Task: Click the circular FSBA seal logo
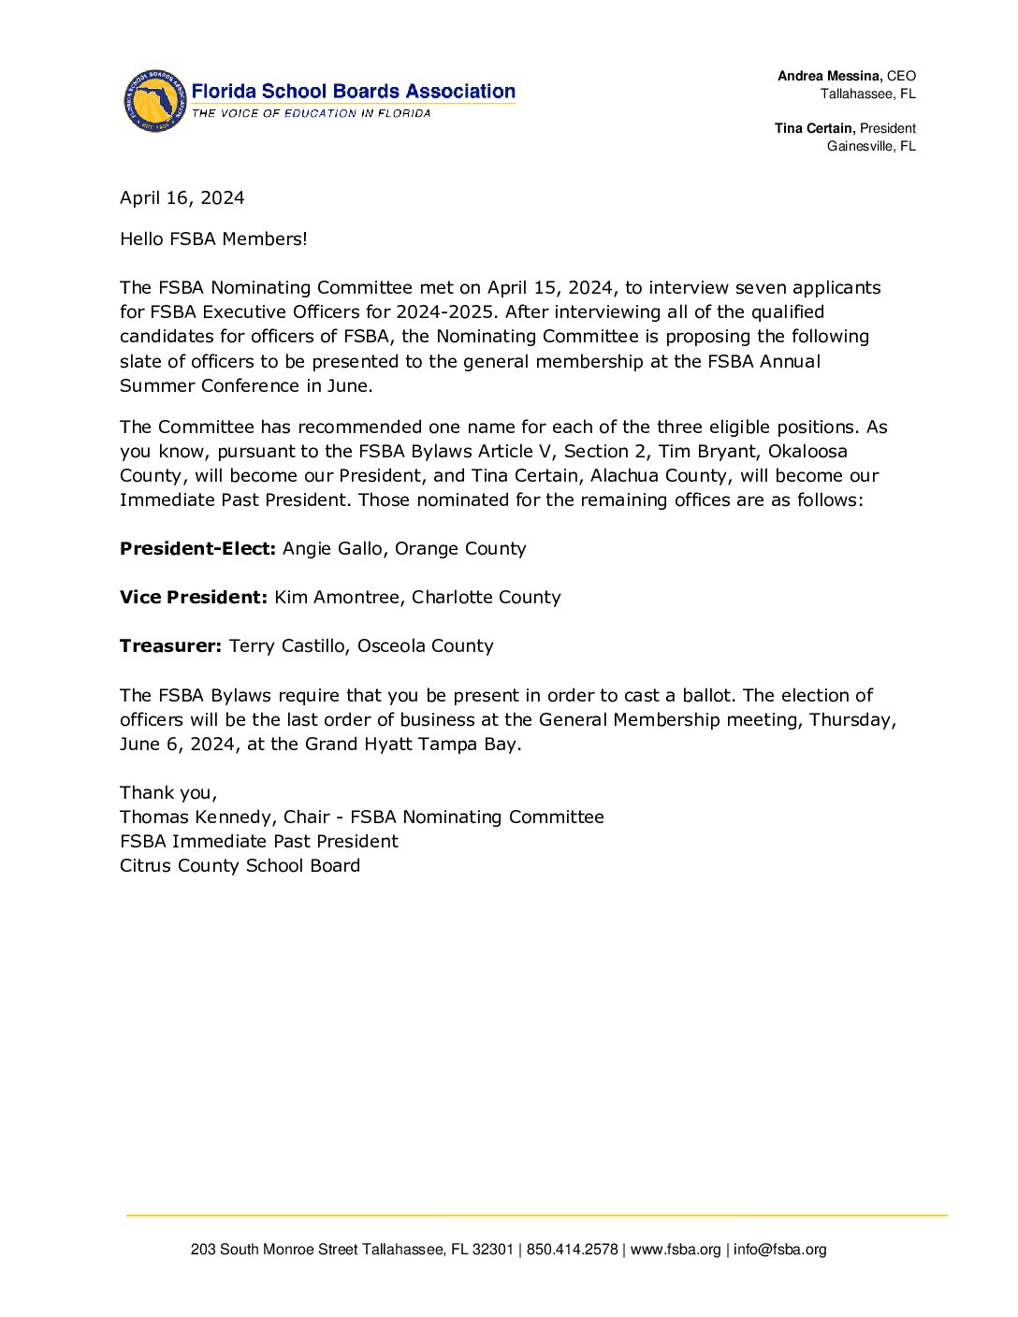[154, 101]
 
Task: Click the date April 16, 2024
[182, 198]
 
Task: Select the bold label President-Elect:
[197, 549]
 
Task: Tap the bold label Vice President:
[194, 598]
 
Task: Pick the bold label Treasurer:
[170, 646]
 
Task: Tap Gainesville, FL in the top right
[871, 146]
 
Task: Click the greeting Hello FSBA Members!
[213, 239]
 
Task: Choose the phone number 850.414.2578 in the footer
[572, 1250]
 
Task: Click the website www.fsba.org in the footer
[676, 1250]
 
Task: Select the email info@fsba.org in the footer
[779, 1250]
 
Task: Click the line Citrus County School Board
[240, 866]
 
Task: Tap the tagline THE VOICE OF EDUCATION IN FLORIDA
[312, 113]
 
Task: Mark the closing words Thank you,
[168, 793]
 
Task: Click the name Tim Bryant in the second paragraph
[706, 452]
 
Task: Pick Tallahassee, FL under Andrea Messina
[868, 94]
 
